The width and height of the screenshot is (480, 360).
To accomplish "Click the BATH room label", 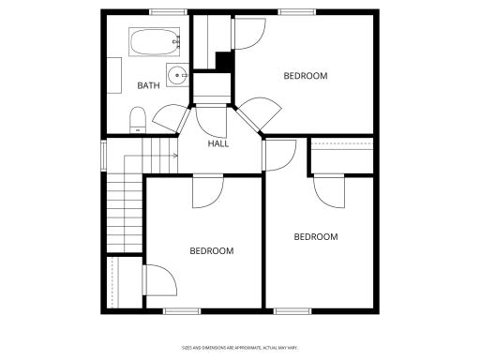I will click(x=148, y=86).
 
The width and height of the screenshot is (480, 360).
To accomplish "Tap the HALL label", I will click(x=218, y=143).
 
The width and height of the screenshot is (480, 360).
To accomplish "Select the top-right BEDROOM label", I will click(x=306, y=76).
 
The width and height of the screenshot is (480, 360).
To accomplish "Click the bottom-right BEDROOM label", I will click(x=316, y=237).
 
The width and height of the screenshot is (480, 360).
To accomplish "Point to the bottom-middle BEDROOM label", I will click(x=212, y=251).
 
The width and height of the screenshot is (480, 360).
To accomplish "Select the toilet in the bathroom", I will click(x=138, y=117).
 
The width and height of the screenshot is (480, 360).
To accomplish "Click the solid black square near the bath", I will click(x=224, y=61).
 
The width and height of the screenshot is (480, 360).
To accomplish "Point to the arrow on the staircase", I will click(x=174, y=156).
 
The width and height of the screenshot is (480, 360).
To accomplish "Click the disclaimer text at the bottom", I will click(x=239, y=348).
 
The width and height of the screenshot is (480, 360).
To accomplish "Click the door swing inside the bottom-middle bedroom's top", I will click(x=206, y=192).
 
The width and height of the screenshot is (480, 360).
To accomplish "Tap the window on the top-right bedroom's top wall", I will click(x=295, y=12).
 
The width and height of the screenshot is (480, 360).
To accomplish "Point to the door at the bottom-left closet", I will click(x=156, y=278).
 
